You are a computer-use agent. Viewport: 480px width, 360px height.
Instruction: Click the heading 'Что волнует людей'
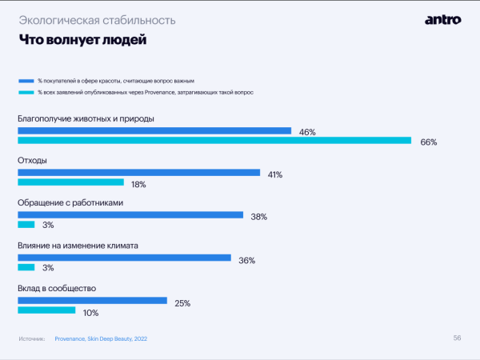click(82, 38)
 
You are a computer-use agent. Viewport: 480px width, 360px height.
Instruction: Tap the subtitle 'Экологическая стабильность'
click(98, 18)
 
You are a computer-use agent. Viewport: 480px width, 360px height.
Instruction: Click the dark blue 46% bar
click(154, 130)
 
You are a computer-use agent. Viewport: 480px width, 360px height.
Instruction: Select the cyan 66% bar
click(214, 141)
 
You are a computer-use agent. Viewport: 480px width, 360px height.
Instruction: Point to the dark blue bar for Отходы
click(139, 172)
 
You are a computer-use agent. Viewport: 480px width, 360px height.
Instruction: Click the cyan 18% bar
click(71, 182)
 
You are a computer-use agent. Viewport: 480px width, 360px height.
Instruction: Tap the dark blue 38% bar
click(130, 215)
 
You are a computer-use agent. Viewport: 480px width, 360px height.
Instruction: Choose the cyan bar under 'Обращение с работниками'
click(26, 225)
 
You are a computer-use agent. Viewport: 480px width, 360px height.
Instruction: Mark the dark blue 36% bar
click(125, 258)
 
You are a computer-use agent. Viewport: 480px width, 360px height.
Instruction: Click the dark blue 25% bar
click(93, 301)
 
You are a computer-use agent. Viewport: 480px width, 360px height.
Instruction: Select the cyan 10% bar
click(46, 310)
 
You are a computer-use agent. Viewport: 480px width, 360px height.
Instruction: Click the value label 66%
click(429, 142)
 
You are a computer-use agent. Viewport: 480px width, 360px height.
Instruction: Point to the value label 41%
click(275, 174)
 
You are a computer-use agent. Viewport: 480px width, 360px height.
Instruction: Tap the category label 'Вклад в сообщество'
click(57, 287)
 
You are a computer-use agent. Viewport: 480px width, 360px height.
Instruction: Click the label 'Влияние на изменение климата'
click(78, 246)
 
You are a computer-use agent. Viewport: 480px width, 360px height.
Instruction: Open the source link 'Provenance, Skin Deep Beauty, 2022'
click(101, 339)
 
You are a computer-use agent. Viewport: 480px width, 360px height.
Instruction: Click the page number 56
click(457, 338)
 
